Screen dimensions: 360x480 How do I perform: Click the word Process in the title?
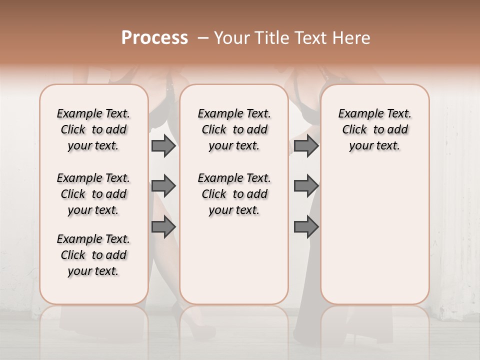154,38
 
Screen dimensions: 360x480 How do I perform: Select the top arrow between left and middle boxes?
163,146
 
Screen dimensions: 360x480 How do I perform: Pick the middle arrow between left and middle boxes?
163,186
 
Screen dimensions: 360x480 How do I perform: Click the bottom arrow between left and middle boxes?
163,226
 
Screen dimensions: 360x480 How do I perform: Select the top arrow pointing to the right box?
306,146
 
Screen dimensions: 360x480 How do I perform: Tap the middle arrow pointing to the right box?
306,186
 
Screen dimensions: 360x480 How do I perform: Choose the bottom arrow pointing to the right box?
306,226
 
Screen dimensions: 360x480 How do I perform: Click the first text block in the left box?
93,129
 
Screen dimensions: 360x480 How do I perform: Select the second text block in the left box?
93,194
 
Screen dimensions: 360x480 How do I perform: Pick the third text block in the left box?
93,255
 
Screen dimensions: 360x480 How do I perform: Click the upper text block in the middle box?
234,129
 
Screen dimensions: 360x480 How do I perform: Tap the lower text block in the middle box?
234,194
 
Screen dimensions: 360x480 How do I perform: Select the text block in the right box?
374,129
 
